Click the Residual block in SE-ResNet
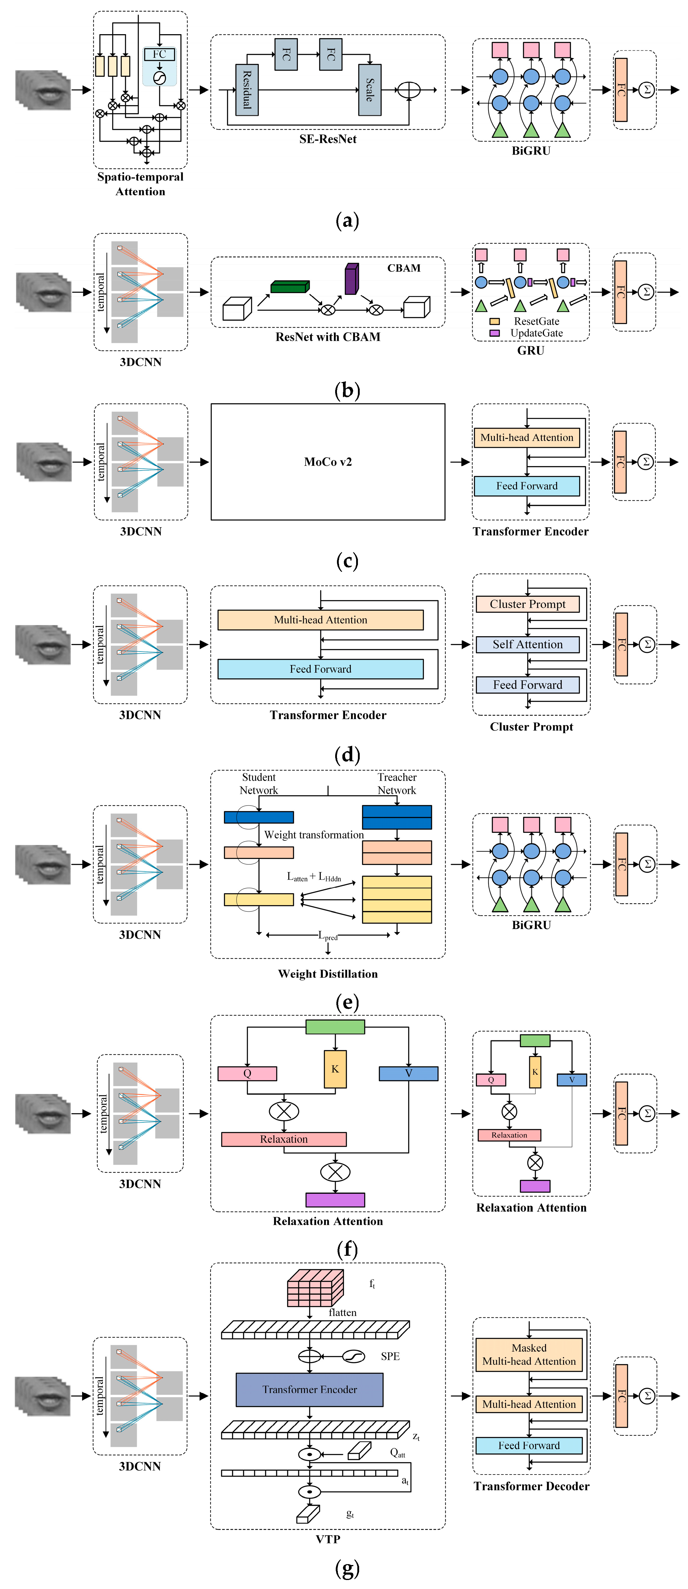[247, 90]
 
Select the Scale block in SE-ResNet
[369, 90]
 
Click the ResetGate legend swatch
[495, 321]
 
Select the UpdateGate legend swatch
[495, 333]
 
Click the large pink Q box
[247, 1073]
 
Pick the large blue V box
[408, 1073]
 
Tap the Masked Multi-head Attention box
[529, 1355]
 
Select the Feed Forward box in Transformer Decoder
[529, 1445]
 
